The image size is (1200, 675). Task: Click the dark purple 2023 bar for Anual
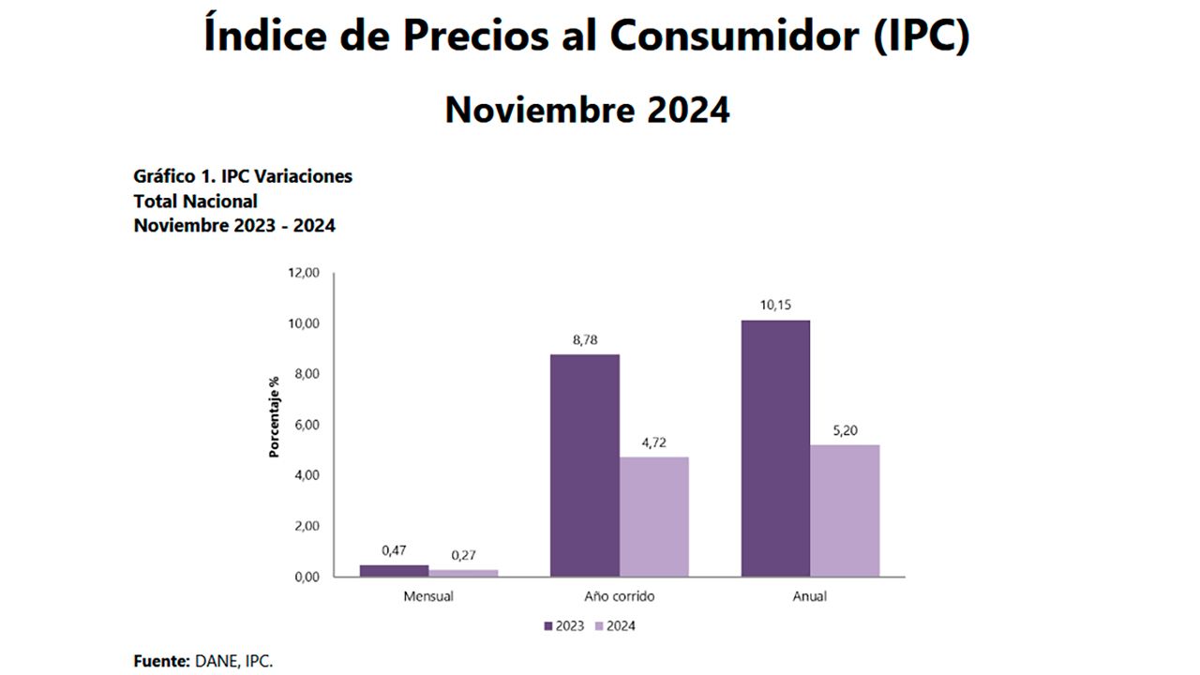pos(775,448)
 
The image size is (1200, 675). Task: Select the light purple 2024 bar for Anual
pos(845,510)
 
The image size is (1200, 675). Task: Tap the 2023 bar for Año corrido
pos(584,465)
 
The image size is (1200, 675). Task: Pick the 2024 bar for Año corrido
pos(653,517)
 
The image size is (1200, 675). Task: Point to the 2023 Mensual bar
pos(394,570)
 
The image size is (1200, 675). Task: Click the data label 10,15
pos(775,306)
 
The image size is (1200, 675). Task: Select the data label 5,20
pos(845,430)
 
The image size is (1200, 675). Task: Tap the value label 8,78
pos(584,340)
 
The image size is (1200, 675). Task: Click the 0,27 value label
pos(463,555)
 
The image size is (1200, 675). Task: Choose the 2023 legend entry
pos(563,626)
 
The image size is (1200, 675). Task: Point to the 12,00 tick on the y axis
pos(303,273)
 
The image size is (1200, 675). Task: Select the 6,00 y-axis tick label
pos(306,425)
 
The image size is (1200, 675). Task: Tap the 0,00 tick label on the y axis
pos(306,577)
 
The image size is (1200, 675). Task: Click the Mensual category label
pos(428,596)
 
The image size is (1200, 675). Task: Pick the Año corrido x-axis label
pos(619,596)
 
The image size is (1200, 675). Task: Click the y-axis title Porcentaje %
pos(275,416)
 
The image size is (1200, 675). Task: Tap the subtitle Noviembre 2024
pos(587,110)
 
